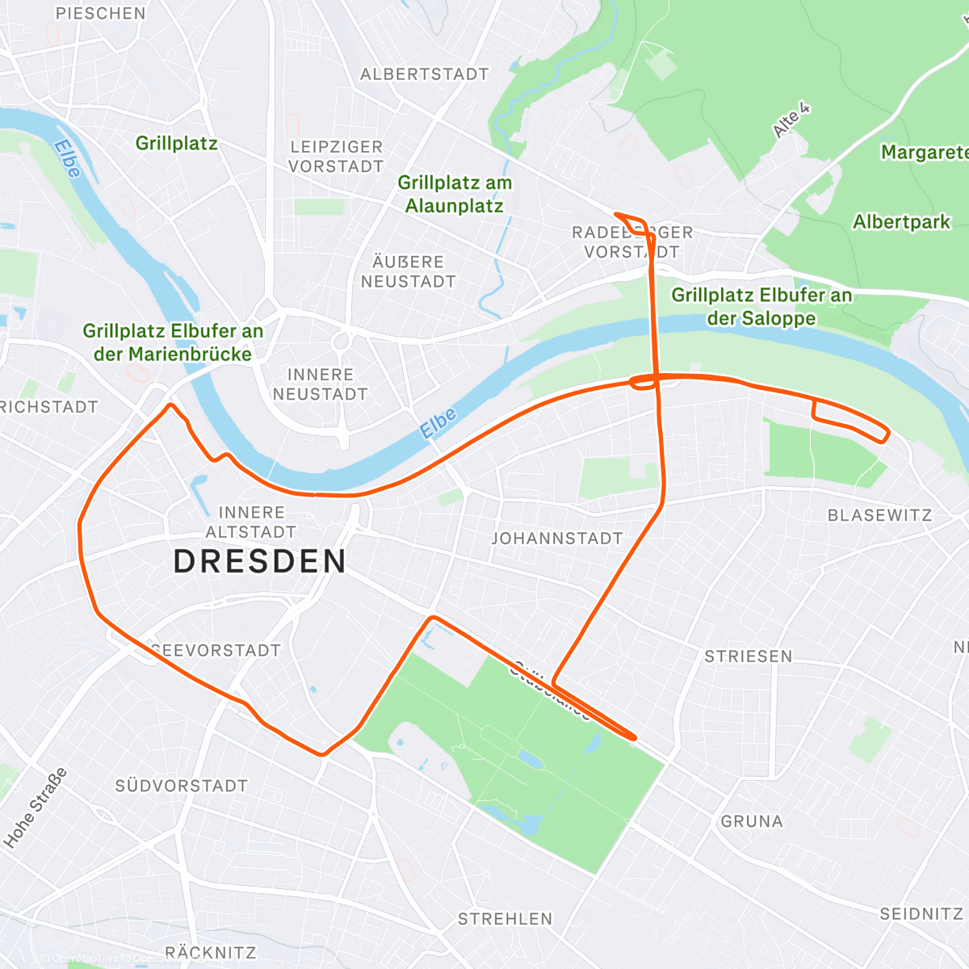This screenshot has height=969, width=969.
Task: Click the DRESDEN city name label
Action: (x=260, y=561)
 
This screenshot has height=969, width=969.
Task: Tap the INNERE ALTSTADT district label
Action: (x=251, y=522)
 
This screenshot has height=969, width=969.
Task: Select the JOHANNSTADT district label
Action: (x=557, y=538)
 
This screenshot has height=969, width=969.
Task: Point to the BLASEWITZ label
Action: (x=879, y=515)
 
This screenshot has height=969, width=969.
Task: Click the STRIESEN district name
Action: (x=749, y=656)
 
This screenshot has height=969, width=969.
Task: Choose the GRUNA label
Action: (x=752, y=821)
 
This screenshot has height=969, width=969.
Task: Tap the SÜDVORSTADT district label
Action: (x=182, y=786)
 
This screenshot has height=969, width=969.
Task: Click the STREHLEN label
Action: (x=505, y=919)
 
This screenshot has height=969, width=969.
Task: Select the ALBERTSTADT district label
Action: (x=425, y=74)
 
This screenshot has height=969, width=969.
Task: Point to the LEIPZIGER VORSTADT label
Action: (x=336, y=157)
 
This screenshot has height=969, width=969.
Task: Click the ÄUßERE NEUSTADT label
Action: (x=408, y=272)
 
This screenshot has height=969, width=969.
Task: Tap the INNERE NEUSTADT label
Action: (x=320, y=384)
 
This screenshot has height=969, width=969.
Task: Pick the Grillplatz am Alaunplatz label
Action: (x=455, y=195)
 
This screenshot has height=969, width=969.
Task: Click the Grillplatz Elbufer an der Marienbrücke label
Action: (x=173, y=342)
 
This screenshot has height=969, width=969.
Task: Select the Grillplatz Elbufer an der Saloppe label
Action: (x=761, y=307)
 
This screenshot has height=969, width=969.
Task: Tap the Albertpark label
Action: (x=902, y=222)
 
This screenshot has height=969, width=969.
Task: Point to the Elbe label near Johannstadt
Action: (x=438, y=423)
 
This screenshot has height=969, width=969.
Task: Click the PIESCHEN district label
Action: (x=101, y=14)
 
